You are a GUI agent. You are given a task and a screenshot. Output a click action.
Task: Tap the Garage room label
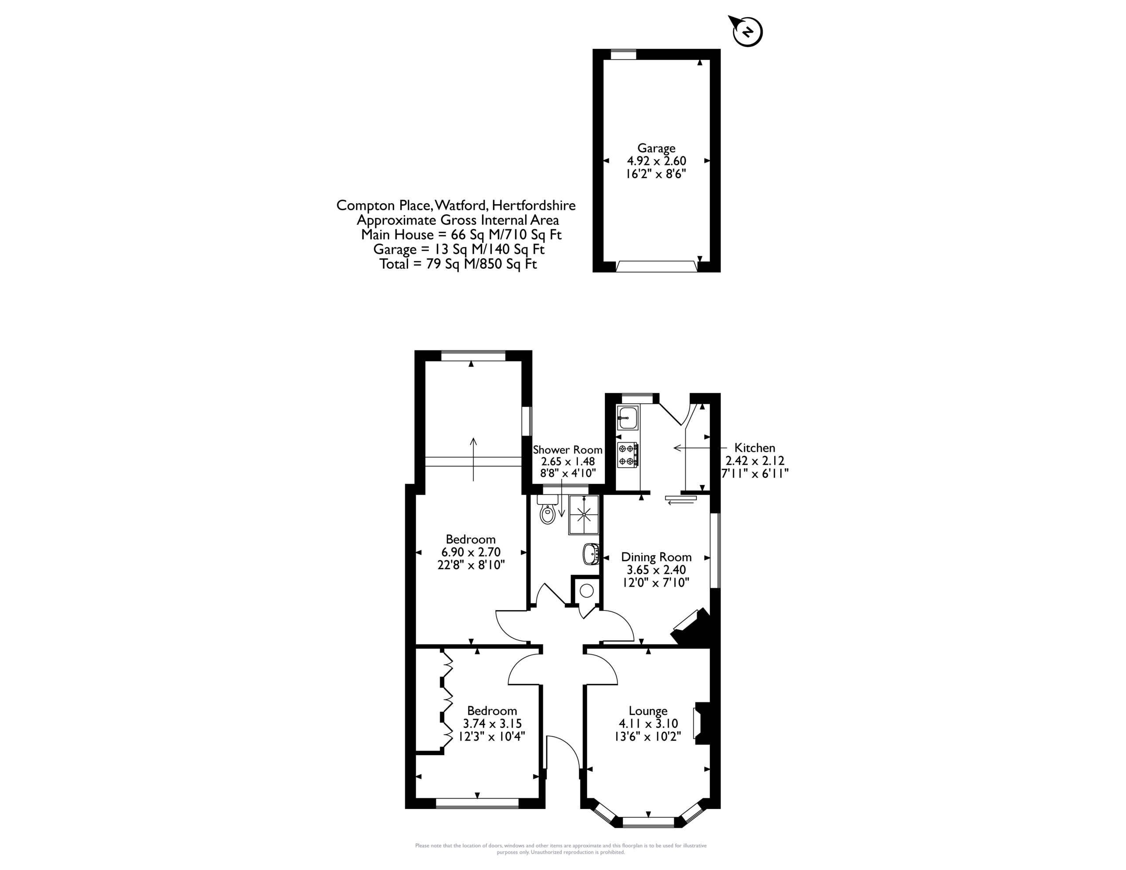pos(656,149)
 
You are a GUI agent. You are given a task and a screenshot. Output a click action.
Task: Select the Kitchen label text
pos(755,448)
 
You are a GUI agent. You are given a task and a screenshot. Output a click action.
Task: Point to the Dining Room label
pos(656,557)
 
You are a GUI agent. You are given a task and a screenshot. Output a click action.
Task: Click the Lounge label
pos(648,711)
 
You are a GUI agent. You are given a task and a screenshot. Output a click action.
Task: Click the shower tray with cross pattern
pos(585,515)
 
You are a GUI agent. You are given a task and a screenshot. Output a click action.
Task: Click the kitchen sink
pos(628,418)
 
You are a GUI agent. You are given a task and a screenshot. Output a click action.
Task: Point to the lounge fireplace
pos(702,723)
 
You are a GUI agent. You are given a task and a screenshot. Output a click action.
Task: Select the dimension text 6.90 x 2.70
pos(471,552)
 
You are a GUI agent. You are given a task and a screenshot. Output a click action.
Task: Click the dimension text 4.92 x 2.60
pos(656,161)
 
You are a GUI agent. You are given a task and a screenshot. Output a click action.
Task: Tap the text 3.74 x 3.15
pos(492,724)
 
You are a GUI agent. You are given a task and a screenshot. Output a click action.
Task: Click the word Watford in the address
pos(461,205)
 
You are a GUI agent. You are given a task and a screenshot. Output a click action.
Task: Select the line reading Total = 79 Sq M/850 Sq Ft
pos(458,264)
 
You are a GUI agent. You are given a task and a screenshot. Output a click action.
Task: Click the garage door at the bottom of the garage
pos(656,266)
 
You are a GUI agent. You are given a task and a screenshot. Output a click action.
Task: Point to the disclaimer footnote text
pos(561,849)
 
